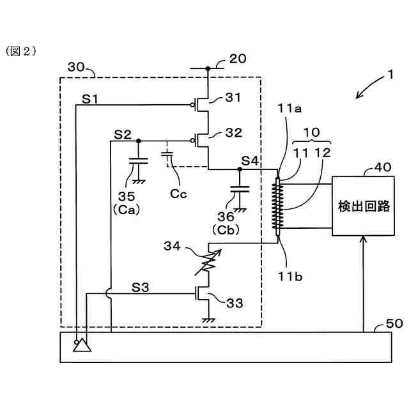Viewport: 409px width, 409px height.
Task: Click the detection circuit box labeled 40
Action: (363, 206)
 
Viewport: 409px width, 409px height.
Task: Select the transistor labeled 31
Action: (201, 105)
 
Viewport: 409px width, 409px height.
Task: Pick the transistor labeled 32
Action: (201, 141)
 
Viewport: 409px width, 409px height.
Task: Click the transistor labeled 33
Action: (202, 294)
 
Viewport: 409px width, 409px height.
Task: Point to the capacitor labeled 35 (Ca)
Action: (139, 161)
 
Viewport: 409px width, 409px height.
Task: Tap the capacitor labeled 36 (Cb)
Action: (240, 189)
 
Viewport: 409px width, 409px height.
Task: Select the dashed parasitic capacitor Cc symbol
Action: (167, 154)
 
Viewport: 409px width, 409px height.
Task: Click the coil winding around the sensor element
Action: (278, 206)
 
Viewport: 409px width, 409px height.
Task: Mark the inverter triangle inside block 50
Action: (82, 345)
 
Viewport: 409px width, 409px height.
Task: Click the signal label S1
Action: (90, 99)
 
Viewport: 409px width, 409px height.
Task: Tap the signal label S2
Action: (123, 135)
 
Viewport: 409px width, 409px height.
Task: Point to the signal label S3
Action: (140, 288)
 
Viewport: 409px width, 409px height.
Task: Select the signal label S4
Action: (250, 161)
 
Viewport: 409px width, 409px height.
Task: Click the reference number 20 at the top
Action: (238, 59)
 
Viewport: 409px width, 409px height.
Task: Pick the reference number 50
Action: (394, 323)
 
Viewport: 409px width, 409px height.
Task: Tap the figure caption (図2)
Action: (21, 51)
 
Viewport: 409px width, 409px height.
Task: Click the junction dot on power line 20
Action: (208, 68)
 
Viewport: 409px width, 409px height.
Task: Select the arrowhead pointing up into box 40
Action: (363, 238)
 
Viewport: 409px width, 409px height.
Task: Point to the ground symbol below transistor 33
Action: (208, 320)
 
